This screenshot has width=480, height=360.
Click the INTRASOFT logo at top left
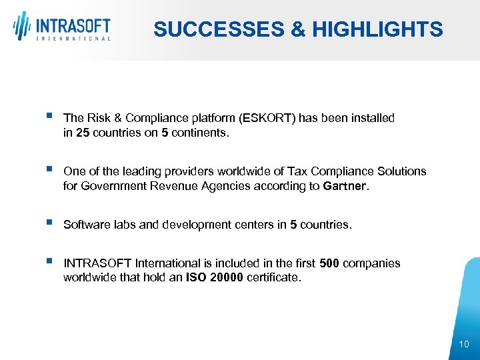coord(62,27)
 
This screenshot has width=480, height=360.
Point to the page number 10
coord(464,344)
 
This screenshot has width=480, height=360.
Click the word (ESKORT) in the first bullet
coord(267,118)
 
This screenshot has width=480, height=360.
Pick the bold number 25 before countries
coord(82,133)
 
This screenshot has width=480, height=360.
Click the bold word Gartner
coord(344,186)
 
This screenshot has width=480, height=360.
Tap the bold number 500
coord(329,263)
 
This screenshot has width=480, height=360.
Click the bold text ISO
coord(195,277)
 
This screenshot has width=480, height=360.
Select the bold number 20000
coord(225,277)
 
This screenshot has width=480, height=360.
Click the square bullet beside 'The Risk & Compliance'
coord(50,117)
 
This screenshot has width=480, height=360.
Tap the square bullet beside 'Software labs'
coord(50,224)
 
